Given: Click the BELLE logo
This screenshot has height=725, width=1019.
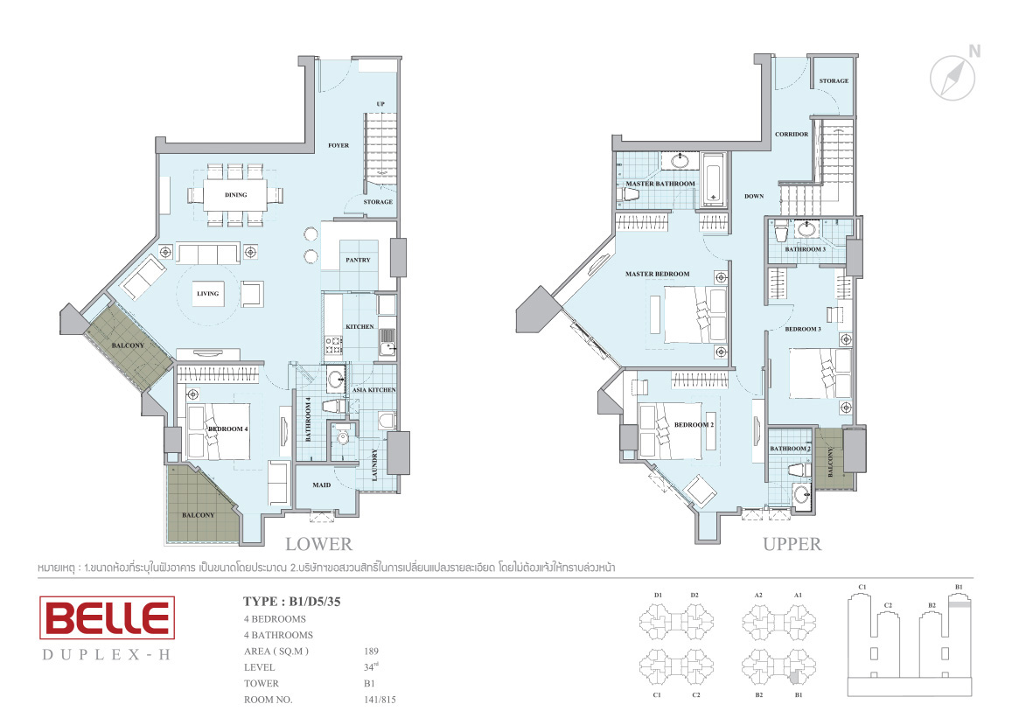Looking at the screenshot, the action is point(108,617).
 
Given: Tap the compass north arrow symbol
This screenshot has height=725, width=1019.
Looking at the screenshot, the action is point(953,77).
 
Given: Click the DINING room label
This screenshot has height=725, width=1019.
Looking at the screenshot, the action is point(236,195).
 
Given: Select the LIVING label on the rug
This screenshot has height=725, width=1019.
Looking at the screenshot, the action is point(208,294).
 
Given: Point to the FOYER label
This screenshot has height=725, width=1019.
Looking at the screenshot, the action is point(339,145).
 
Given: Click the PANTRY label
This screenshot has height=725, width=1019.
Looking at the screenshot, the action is point(358,260).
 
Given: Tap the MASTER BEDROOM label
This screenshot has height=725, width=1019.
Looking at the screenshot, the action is point(658,274).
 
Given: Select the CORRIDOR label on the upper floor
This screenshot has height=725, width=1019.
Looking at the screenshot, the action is point(792,135).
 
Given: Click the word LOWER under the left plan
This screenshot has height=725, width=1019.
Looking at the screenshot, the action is point(319,544).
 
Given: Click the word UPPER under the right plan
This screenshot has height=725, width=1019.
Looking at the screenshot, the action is point(792,544).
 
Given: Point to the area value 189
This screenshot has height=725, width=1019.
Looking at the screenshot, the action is point(371,651).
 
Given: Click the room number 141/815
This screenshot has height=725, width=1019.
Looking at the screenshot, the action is point(380,700).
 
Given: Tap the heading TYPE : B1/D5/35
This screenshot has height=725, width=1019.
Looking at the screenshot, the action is point(292,602).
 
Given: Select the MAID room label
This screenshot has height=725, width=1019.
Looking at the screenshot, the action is point(322,485).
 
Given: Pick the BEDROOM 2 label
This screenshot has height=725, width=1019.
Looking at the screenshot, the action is point(694,425).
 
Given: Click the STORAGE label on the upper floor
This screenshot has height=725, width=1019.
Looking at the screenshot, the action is point(834,81).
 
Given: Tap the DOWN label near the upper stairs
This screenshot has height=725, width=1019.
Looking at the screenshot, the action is point(755,196).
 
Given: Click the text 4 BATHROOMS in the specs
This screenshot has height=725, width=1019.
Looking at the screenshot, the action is point(278,635).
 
